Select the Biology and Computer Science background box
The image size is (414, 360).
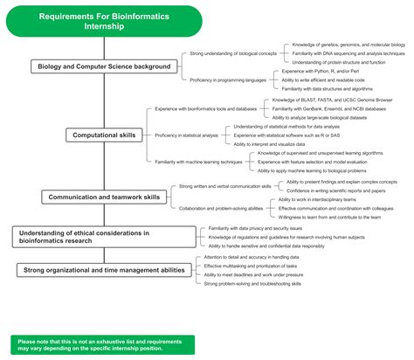(102, 66)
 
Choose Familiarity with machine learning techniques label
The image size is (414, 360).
(201, 162)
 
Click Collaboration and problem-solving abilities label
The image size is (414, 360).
(222, 208)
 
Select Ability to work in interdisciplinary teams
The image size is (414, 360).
(320, 200)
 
